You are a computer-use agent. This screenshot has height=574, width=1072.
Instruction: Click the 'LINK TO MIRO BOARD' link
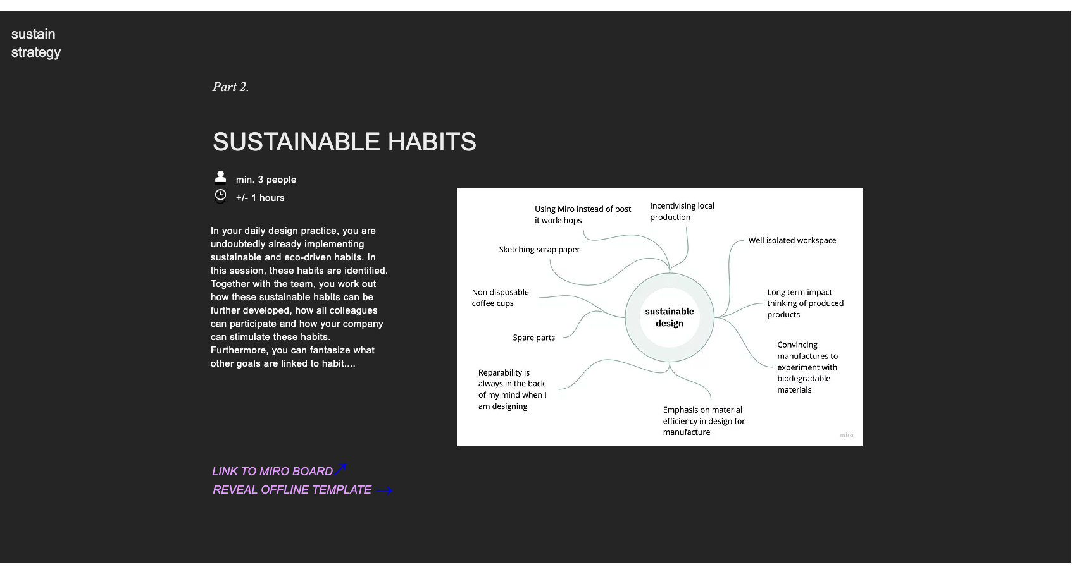pyautogui.click(x=273, y=472)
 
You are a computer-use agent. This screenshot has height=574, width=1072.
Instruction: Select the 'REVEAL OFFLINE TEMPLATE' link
pyautogui.click(x=292, y=490)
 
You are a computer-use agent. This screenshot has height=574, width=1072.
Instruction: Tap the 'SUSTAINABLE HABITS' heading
pyautogui.click(x=344, y=142)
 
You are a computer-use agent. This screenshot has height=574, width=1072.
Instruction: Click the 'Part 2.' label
pyautogui.click(x=230, y=87)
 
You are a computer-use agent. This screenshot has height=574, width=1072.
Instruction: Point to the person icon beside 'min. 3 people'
pyautogui.click(x=220, y=177)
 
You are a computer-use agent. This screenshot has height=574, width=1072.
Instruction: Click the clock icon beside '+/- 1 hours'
pyautogui.click(x=220, y=195)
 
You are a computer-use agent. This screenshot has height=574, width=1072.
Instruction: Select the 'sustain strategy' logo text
pyautogui.click(x=36, y=43)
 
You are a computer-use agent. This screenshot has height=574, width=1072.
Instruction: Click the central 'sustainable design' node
pyautogui.click(x=670, y=317)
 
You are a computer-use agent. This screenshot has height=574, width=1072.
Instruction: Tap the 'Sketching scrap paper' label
pyautogui.click(x=539, y=250)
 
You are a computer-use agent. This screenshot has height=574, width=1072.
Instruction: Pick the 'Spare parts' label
pyautogui.click(x=533, y=338)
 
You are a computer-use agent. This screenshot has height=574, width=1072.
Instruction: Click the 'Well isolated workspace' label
pyautogui.click(x=792, y=240)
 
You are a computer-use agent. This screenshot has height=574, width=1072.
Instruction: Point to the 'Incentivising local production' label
pyautogui.click(x=682, y=211)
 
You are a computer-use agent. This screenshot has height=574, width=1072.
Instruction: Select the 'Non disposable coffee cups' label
pyautogui.click(x=500, y=298)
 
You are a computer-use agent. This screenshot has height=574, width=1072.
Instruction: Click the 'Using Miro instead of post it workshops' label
pyautogui.click(x=582, y=214)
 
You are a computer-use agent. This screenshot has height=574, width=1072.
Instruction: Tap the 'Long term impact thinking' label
pyautogui.click(x=805, y=303)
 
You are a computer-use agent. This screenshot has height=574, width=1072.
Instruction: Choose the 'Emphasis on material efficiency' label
pyautogui.click(x=704, y=421)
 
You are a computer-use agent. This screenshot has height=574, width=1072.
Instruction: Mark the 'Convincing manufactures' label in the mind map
pyautogui.click(x=807, y=367)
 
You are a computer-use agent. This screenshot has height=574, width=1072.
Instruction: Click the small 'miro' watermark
pyautogui.click(x=846, y=435)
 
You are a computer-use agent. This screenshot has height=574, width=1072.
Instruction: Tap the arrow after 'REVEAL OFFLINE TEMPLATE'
pyautogui.click(x=384, y=491)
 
